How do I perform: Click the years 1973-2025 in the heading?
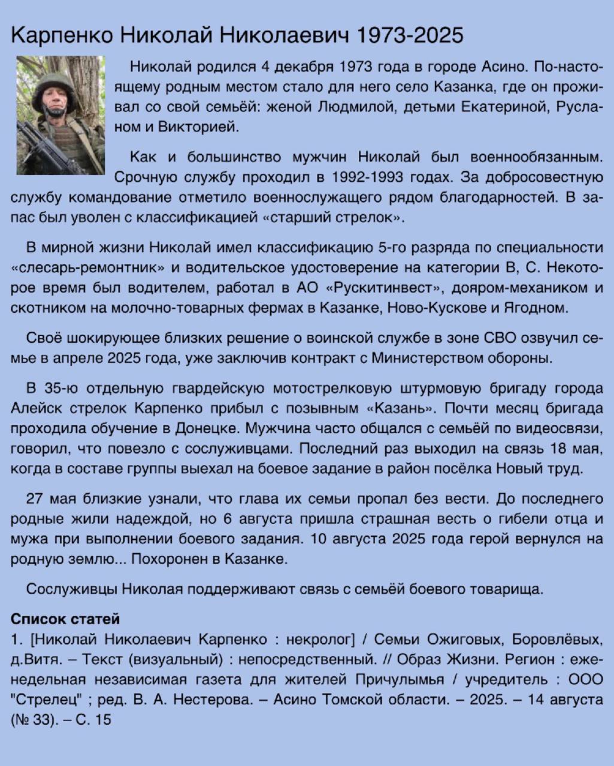point(410,35)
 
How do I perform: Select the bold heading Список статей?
point(65,619)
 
